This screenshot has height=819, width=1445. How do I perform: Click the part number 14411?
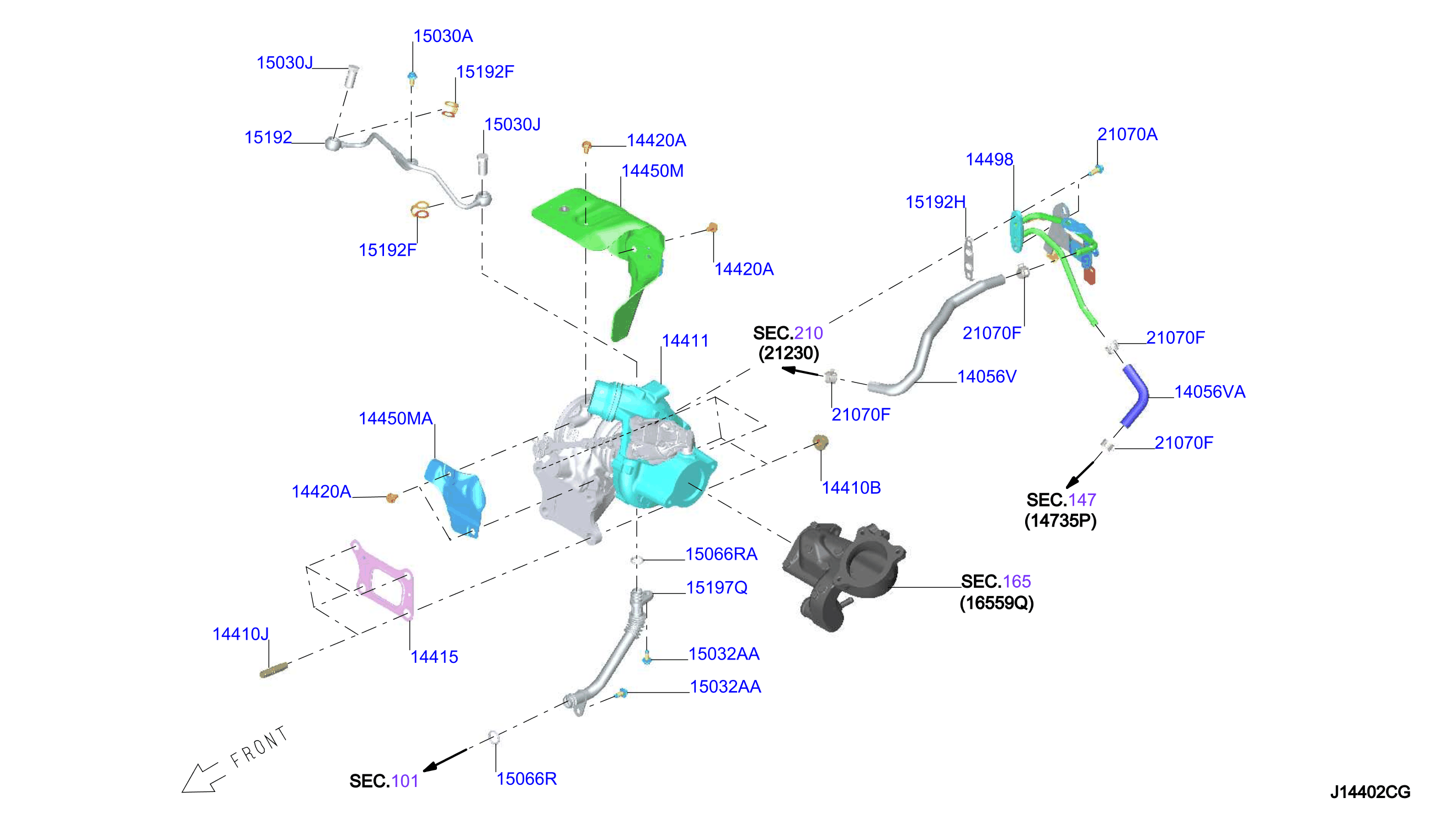tap(684, 341)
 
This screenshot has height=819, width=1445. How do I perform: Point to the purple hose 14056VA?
tap(1134, 396)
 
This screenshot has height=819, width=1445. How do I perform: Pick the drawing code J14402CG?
tap(1370, 792)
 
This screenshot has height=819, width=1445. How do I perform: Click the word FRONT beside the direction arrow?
tap(259, 747)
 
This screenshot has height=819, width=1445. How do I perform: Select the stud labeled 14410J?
tap(274, 670)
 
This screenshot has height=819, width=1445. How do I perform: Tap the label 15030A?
tap(443, 36)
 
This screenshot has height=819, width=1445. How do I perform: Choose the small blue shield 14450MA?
tap(455, 496)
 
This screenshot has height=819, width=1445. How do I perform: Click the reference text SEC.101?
tap(384, 781)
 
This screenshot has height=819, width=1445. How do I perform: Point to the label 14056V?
tap(987, 376)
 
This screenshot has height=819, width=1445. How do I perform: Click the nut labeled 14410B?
tap(820, 442)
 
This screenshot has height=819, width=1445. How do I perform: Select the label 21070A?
tap(1127, 135)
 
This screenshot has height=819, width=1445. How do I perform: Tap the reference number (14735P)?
tap(1060, 520)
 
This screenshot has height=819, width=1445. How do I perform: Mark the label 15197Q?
tap(717, 588)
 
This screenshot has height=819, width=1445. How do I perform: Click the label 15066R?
tap(526, 779)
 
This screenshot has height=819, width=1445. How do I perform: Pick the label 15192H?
tap(936, 202)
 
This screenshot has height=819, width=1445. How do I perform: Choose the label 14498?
tap(989, 159)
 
